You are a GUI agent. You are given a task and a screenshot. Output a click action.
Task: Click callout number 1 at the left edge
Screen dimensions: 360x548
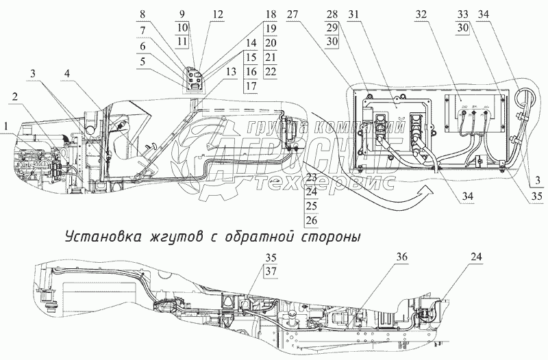coord(6,126)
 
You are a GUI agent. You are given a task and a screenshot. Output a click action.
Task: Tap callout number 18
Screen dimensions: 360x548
coord(251,14)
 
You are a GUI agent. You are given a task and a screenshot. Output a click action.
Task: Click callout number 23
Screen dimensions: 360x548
coord(312,177)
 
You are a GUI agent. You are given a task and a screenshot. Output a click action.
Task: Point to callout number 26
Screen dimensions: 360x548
coord(312,220)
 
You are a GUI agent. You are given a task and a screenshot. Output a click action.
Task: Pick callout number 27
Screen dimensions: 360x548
coord(292,14)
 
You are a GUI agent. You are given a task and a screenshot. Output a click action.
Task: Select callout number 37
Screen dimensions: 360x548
coord(273,270)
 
